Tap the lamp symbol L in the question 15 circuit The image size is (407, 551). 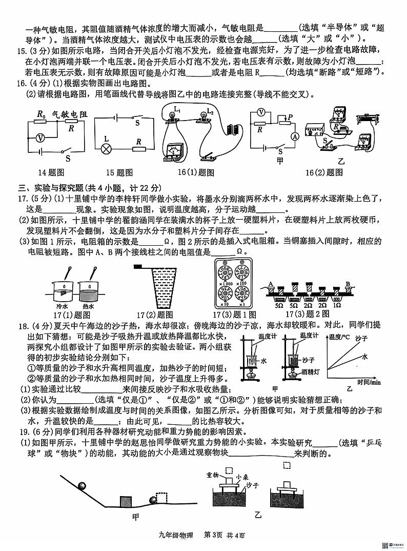pos(107,150)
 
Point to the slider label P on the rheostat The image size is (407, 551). pos(290,117)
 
